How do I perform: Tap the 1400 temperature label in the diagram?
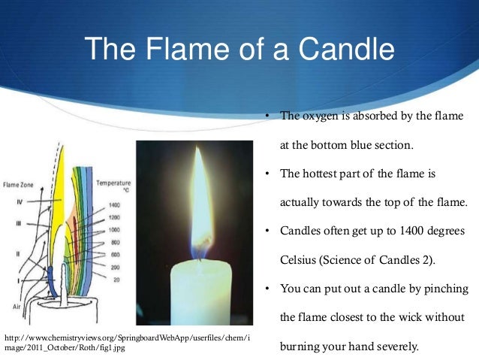(113, 204)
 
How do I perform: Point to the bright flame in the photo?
(200, 203)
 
